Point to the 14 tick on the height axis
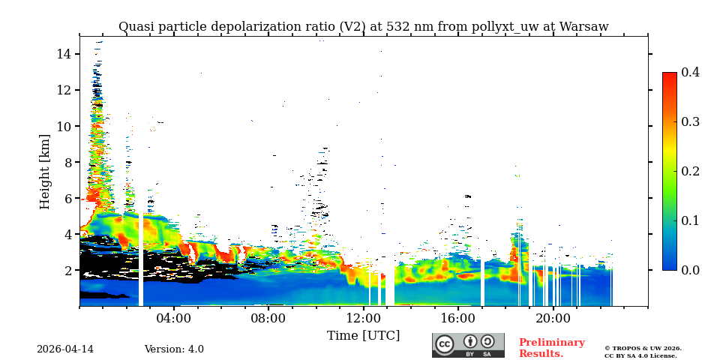pyautogui.click(x=63, y=54)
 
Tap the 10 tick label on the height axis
pyautogui.click(x=63, y=126)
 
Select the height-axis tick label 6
pyautogui.click(x=67, y=198)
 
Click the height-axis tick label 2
pyautogui.click(x=67, y=270)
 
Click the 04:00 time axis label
pyautogui.click(x=174, y=318)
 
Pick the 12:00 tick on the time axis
pyautogui.click(x=364, y=318)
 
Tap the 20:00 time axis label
pyautogui.click(x=553, y=318)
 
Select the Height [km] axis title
pyautogui.click(x=45, y=171)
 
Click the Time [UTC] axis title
pyautogui.click(x=363, y=335)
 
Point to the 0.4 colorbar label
pyautogui.click(x=690, y=73)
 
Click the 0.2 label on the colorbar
pyautogui.click(x=690, y=171)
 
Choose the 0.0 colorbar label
pyautogui.click(x=690, y=270)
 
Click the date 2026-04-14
pyautogui.click(x=65, y=349)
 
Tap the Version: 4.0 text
pyautogui.click(x=174, y=349)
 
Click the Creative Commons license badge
pyautogui.click(x=468, y=345)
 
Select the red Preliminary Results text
pyautogui.click(x=551, y=348)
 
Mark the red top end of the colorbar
pyautogui.click(x=669, y=76)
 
